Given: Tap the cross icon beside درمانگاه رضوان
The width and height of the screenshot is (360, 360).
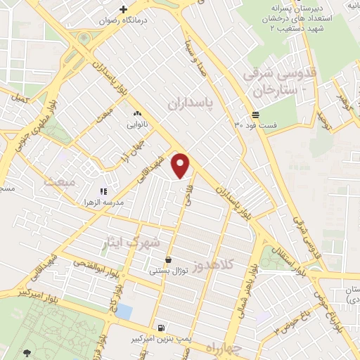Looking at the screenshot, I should (x=124, y=10).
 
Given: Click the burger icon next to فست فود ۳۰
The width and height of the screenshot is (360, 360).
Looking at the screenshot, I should (x=255, y=115).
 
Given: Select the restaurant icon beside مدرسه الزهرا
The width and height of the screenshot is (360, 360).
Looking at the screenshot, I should (x=103, y=191).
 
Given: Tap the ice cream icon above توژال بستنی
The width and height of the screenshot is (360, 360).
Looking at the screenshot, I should (x=168, y=259).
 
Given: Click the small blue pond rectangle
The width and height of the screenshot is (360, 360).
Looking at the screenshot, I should (x=123, y=311).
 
